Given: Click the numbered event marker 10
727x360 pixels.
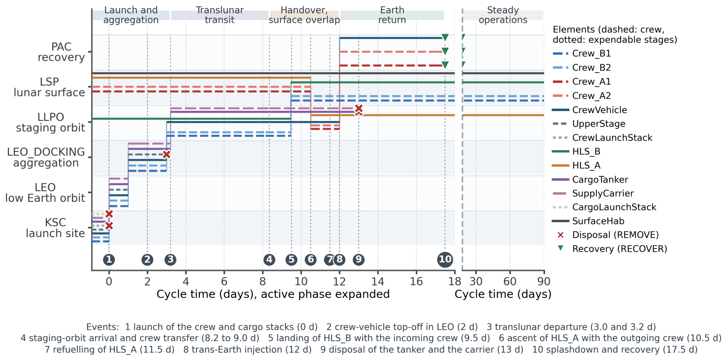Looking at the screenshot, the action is tap(445, 259).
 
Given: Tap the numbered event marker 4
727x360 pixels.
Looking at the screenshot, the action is tap(269, 259).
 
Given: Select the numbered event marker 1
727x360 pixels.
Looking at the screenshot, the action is tap(109, 259).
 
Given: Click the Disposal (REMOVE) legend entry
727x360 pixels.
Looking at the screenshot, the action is tap(608, 235).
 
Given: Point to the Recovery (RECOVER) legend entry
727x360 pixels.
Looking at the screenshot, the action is tap(612, 249).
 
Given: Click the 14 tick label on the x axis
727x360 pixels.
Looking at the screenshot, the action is tap(378, 281).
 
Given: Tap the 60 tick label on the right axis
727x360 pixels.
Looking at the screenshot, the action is tap(510, 281).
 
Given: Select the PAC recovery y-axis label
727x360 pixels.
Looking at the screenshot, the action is tap(61, 52).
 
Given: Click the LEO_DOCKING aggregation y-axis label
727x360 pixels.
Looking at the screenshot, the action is tap(46, 157).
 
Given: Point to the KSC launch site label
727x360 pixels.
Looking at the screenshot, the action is tap(55, 228).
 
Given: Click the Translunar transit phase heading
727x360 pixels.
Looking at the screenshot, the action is tap(220, 15).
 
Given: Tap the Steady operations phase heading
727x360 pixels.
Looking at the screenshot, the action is tap(503, 15).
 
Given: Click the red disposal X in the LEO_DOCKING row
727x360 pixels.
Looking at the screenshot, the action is tap(166, 155).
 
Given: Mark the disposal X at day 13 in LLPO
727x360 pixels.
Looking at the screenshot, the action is tap(359, 109).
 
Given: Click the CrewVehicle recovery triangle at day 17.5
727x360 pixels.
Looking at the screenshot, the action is tap(445, 38).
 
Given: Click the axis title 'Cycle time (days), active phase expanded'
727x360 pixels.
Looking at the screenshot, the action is tap(273, 294).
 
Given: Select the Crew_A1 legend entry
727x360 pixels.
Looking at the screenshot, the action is tap(581, 82).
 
